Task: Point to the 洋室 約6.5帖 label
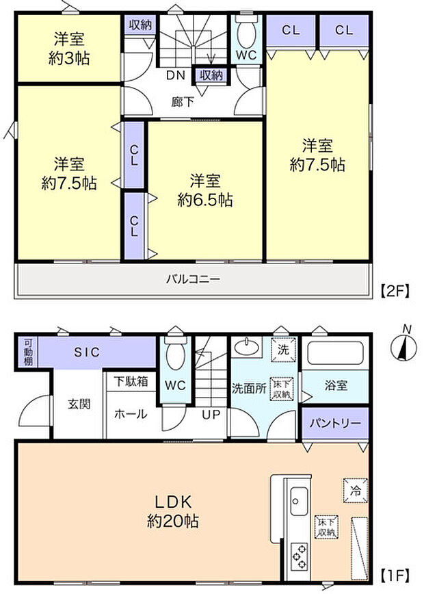pos(204,190)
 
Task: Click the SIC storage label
pos(87,352)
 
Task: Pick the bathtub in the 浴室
pos(336,354)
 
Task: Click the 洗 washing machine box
pos(282,348)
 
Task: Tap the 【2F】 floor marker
pos(394,291)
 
